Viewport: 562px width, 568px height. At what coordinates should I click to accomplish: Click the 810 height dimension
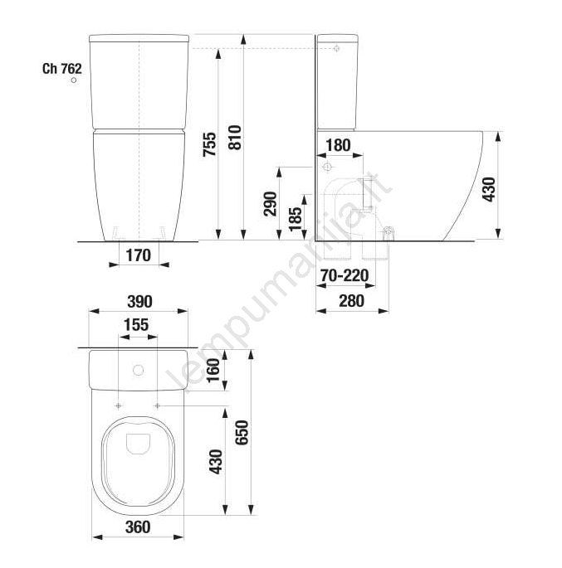coord(235,138)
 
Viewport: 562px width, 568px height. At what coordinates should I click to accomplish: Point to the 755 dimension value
coord(209,144)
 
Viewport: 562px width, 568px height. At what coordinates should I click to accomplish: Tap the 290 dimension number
coord(270,204)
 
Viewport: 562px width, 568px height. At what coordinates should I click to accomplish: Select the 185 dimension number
coord(296,218)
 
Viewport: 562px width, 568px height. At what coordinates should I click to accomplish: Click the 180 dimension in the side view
coord(339,145)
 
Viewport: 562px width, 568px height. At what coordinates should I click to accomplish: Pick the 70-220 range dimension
coord(345,275)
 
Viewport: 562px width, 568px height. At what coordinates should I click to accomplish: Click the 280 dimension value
coord(351,301)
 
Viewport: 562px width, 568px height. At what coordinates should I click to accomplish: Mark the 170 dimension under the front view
coord(139,255)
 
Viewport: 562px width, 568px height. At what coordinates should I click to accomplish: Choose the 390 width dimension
coord(139,302)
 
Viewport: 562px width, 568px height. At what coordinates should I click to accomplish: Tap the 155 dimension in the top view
coord(136,325)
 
